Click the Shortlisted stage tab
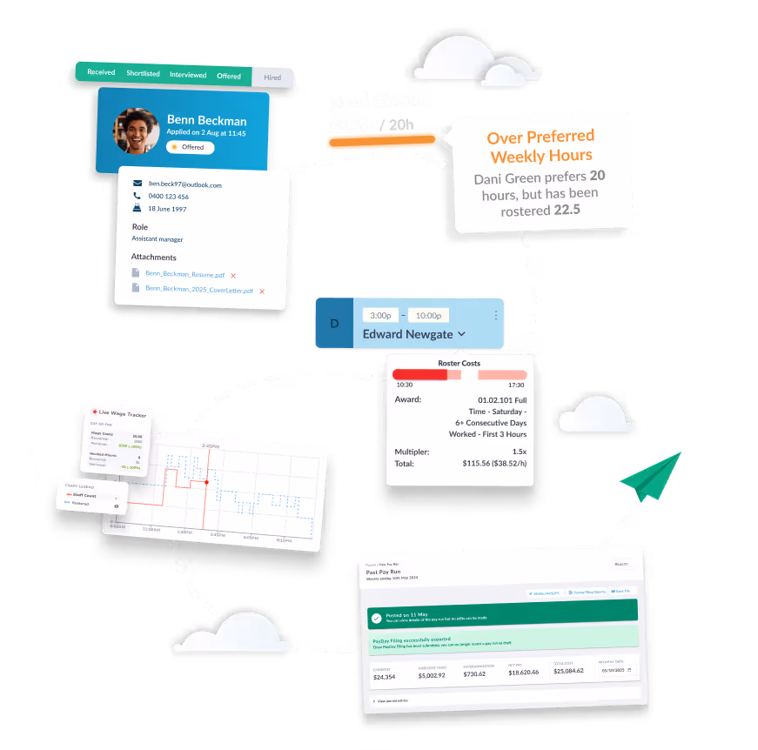(143, 74)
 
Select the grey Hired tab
(272, 77)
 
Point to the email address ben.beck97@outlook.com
(184, 184)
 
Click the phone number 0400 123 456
(168, 197)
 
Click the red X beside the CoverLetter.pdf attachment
(262, 291)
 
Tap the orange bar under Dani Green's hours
(381, 140)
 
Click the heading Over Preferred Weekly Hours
(540, 146)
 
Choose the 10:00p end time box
(429, 315)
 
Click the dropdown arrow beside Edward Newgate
(461, 333)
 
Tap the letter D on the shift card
(333, 324)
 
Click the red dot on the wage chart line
(206, 481)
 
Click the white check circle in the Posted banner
(376, 619)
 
